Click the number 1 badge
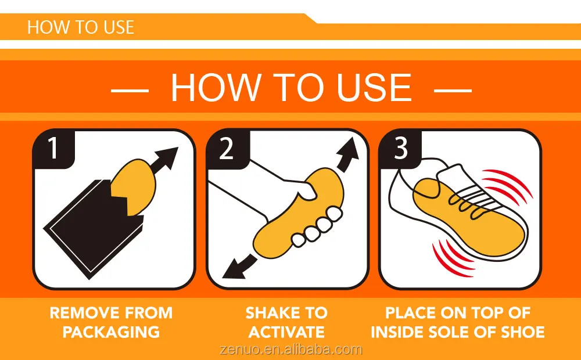pos(53,148)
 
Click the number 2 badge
pos(227,148)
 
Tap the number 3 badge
pos(401,148)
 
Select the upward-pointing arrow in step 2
pos(348,154)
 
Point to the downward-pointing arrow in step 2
pos(239,267)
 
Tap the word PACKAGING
pos(111,332)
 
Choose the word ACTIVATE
pos(286,332)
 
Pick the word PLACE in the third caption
pos(410,313)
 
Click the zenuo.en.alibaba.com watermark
pos(290,350)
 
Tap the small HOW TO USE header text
pos(80,27)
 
